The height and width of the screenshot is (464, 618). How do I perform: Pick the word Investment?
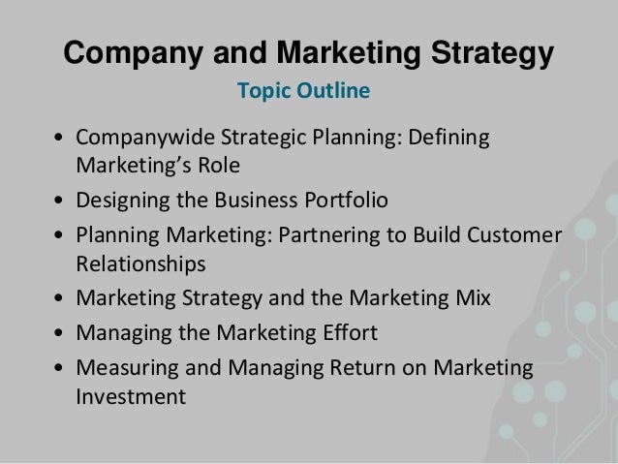130,396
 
